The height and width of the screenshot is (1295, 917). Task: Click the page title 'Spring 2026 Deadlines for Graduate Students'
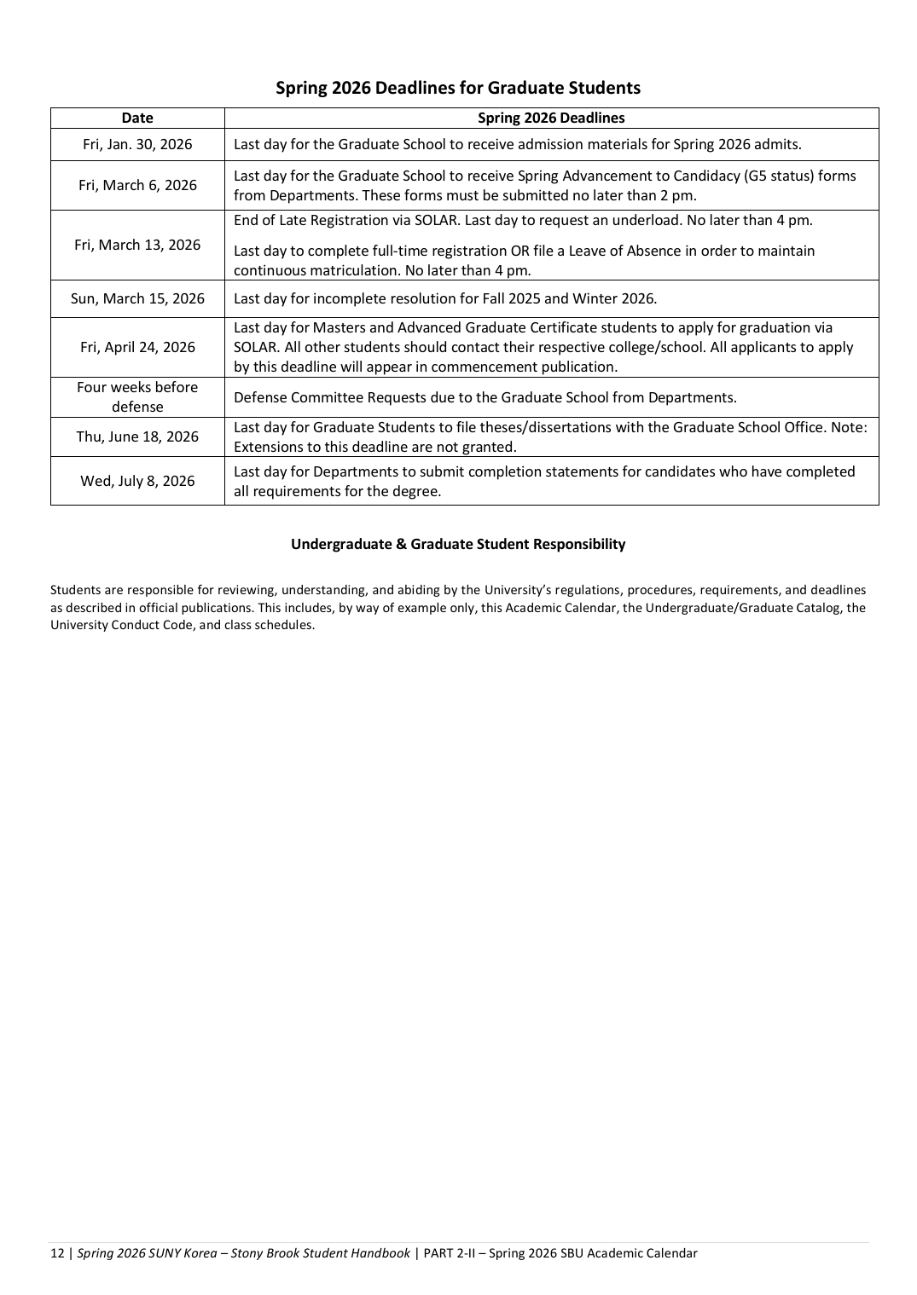pos(458,88)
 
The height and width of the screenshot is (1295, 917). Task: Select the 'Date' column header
pos(137,119)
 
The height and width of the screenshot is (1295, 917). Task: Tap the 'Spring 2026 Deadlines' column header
pos(551,119)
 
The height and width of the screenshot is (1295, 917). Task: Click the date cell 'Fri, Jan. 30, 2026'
pos(137,144)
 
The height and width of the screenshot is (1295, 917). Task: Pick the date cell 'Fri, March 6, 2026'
pos(137,185)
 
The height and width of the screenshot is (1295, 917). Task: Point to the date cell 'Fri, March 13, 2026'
pos(137,245)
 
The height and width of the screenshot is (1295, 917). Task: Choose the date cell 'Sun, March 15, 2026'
pos(137,298)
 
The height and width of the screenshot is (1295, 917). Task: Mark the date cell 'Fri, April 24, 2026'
pos(137,347)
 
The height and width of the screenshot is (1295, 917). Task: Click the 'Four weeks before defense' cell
pos(137,396)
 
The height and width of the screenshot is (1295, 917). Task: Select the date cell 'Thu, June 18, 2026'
pos(137,436)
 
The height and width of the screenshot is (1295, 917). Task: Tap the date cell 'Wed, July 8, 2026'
pos(137,481)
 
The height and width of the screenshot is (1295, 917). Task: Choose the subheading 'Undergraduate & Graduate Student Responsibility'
pos(458,544)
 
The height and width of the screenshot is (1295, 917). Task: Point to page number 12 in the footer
pos(57,1253)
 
